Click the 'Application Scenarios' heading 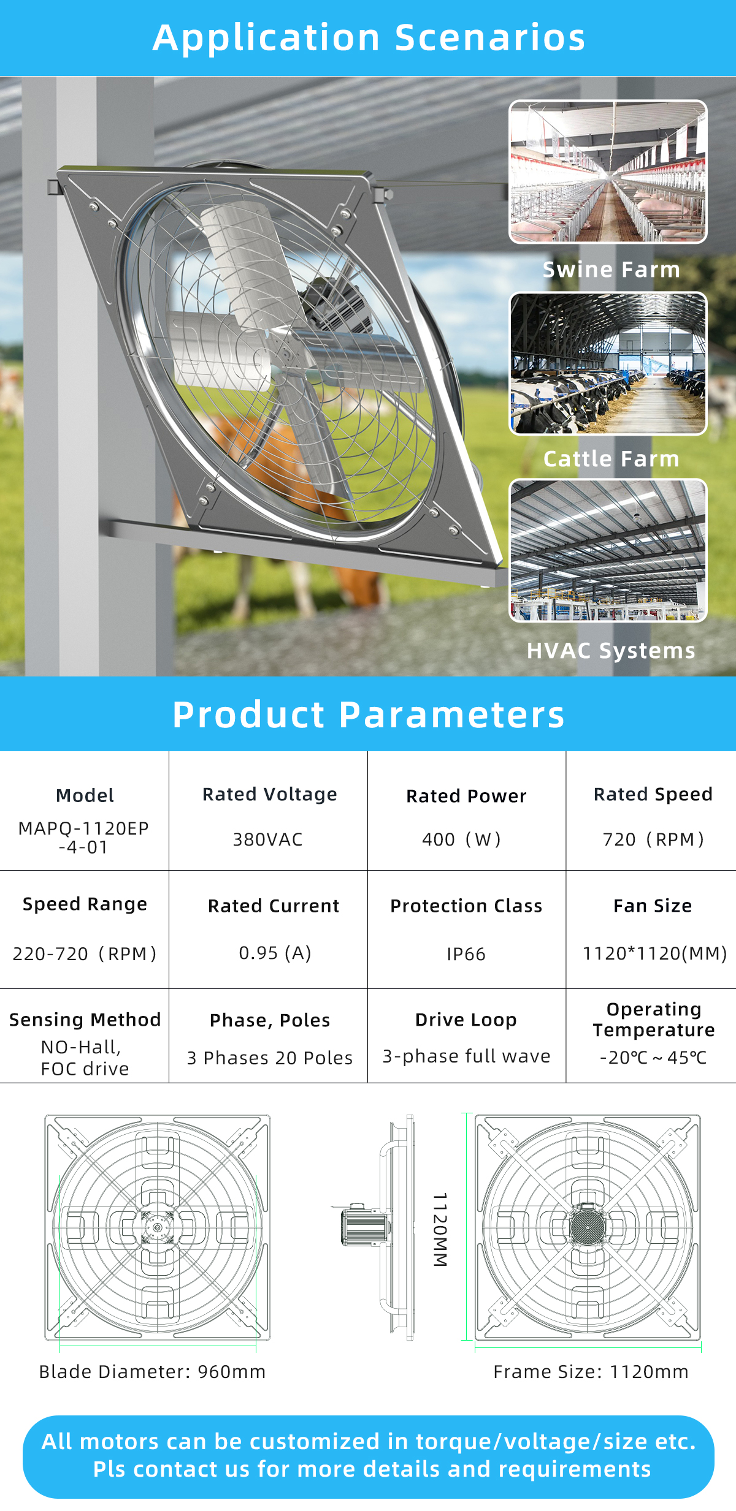click(369, 37)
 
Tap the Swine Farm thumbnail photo click(608, 172)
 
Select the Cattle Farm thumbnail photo click(608, 363)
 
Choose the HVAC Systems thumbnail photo click(608, 550)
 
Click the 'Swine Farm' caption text click(611, 269)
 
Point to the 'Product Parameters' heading click(368, 714)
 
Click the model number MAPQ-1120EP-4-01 click(84, 838)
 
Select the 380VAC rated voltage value click(268, 839)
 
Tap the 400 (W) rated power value click(462, 839)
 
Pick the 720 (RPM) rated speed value click(653, 839)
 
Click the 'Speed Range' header click(85, 904)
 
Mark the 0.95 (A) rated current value click(275, 953)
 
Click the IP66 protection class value click(466, 954)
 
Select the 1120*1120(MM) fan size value click(654, 953)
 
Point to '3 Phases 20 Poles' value click(270, 1058)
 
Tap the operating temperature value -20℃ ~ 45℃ click(653, 1057)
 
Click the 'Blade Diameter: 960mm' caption click(152, 1371)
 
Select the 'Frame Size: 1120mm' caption click(591, 1371)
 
